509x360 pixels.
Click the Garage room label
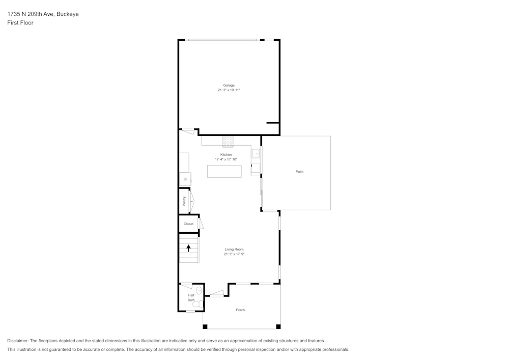coord(229,85)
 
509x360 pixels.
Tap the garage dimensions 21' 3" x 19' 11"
coord(229,90)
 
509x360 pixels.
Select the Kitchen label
coord(226,155)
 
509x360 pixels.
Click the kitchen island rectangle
coord(224,171)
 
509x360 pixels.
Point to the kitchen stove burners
coord(228,141)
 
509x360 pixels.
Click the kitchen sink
coord(256,153)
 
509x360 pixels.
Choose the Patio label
coord(300,172)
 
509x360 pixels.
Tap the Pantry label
coord(184,202)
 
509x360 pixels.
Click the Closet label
coord(188,224)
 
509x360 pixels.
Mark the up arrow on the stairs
coord(189,248)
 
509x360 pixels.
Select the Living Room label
coord(234,250)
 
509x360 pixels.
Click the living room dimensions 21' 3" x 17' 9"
coord(234,254)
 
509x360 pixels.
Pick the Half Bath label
coord(191,297)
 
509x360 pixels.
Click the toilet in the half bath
coord(200,291)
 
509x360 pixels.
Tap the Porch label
coord(240,310)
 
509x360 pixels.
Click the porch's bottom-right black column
coord(278,326)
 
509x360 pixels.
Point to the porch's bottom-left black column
coord(205,326)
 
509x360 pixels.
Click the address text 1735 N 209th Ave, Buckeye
coord(43,14)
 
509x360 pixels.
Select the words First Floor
coord(20,23)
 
